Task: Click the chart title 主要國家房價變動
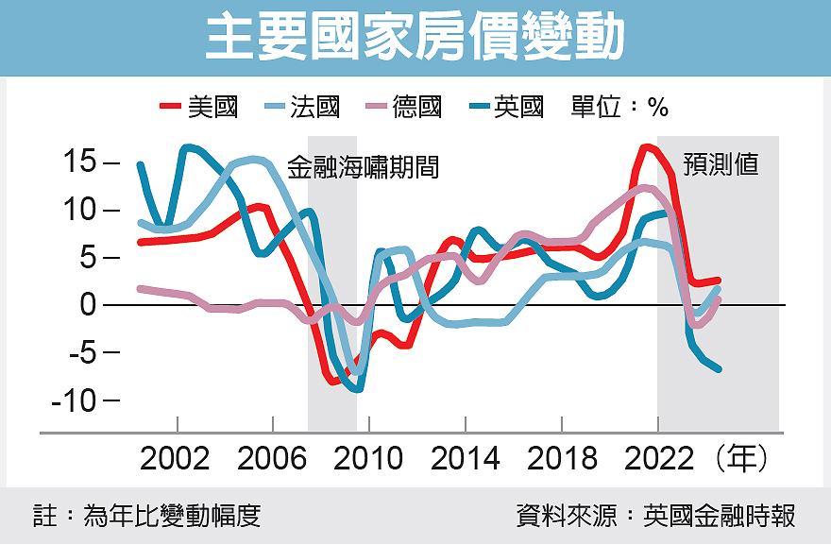point(415,39)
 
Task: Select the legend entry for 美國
point(199,107)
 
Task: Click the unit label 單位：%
point(619,107)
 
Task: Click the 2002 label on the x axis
point(176,459)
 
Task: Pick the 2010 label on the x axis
point(369,459)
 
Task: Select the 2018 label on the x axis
point(562,459)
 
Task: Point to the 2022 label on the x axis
point(658,459)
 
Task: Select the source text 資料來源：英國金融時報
point(655,516)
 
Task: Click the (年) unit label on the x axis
point(742,459)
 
